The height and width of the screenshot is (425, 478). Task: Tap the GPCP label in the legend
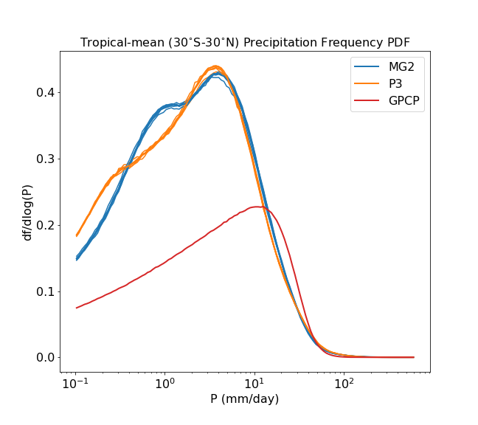click(406, 102)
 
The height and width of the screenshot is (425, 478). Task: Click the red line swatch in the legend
click(367, 102)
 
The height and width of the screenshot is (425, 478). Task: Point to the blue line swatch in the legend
click(367, 66)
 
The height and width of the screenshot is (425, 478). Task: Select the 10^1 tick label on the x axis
click(254, 383)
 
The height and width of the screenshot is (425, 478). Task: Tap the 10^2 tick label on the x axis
click(344, 383)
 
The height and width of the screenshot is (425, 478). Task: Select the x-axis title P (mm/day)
click(245, 400)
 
